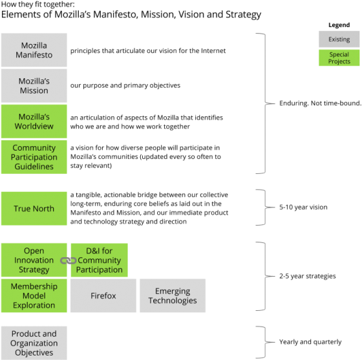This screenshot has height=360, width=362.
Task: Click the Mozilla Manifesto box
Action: point(34,50)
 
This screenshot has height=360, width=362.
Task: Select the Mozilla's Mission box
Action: point(34,86)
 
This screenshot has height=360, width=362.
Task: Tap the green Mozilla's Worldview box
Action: point(34,122)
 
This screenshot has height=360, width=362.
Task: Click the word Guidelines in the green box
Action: point(34,167)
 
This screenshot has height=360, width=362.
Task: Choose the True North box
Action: point(34,209)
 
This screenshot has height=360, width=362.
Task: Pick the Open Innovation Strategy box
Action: point(34,260)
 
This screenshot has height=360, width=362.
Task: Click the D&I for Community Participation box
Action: point(99,260)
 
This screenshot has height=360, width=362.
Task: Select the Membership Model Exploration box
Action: point(34,295)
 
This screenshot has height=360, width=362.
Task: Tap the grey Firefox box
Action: point(103,296)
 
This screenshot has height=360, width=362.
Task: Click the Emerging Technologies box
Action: point(173,296)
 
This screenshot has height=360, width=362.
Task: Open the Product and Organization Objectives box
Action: point(34,343)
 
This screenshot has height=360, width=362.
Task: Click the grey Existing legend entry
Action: point(339,39)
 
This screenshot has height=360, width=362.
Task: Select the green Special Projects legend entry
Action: point(339,58)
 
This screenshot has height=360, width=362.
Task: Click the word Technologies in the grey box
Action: point(173,301)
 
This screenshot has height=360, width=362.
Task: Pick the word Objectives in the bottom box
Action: point(34,353)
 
